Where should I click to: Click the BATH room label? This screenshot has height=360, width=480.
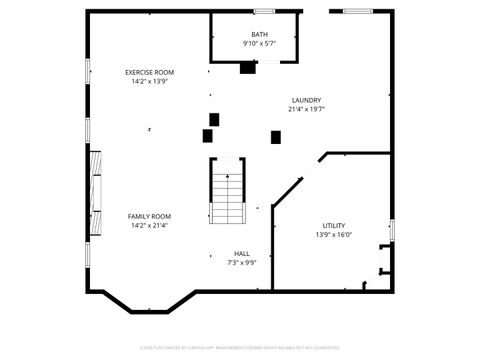259,35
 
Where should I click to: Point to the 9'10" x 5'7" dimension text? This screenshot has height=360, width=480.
259,44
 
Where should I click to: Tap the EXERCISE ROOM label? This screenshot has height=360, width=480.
149,72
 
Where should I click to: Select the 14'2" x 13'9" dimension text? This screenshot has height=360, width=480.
149,81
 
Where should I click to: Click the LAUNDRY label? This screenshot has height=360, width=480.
306,100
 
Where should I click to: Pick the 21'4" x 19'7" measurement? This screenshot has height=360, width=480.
306,109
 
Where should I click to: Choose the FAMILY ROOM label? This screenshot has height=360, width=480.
149,216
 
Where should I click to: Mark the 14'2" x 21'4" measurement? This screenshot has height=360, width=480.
149,225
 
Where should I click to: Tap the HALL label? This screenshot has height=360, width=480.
242,253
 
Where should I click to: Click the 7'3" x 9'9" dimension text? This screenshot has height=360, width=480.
242,262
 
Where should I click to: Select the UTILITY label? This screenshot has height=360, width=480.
334,225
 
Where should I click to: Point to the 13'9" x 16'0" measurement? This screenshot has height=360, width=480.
334,235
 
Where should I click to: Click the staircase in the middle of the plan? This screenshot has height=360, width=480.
228,191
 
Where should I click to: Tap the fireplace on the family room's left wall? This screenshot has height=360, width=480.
95,194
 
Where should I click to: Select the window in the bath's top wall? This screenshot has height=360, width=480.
264,11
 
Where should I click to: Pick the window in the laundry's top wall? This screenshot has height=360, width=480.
358,11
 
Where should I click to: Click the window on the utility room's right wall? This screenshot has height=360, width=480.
391,230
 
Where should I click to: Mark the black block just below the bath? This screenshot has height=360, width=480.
248,68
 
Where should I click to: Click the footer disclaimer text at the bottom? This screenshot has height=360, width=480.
240,349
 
